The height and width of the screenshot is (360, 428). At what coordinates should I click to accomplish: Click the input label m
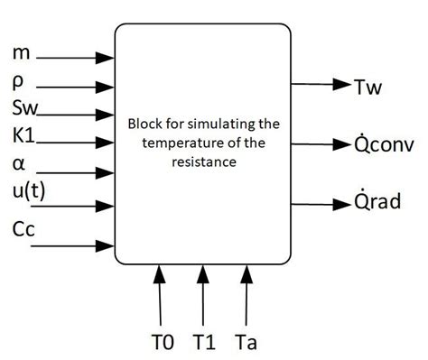(21, 54)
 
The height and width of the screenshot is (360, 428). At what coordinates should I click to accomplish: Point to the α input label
(18, 165)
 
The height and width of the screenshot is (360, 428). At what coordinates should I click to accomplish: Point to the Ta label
(246, 342)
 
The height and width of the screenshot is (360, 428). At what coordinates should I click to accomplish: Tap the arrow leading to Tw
(321, 86)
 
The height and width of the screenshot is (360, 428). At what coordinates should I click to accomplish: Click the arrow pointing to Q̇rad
(321, 200)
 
